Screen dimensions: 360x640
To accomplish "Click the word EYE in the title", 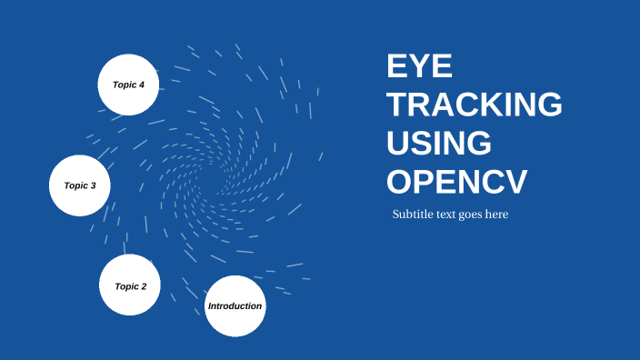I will [419, 67].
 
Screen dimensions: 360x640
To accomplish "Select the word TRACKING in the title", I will [475, 105].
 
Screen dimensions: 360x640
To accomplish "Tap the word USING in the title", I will [439, 144].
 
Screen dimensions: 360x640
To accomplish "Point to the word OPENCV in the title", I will [456, 182].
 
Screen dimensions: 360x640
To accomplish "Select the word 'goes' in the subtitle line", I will [476, 215].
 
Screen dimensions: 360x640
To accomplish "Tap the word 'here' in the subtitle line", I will [498, 215].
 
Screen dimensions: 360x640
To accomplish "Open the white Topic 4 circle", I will [129, 85].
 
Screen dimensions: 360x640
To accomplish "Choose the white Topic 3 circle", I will [80, 185].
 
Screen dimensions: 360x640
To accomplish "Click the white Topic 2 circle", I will [130, 285].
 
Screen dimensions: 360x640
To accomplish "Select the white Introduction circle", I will [235, 305].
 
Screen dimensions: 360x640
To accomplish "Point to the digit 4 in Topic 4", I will [142, 85].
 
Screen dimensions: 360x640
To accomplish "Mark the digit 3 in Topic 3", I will [93, 185].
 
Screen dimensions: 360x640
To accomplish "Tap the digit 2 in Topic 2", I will [144, 286].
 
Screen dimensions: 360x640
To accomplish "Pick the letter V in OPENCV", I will [514, 182].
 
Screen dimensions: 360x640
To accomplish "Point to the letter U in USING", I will [398, 144].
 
